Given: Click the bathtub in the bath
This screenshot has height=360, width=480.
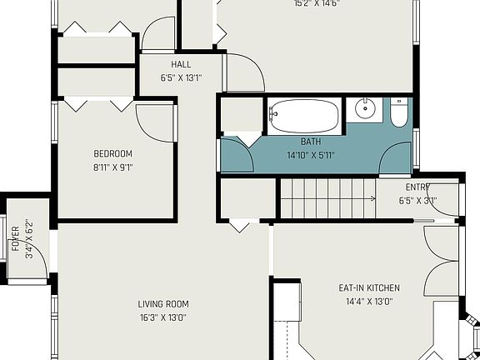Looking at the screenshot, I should pos(304,116).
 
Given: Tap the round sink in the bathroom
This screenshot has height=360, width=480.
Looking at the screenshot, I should pos(365,109).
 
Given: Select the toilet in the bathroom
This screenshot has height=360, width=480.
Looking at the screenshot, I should pos(400,112).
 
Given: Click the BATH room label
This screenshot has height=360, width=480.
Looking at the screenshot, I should pos(310,142).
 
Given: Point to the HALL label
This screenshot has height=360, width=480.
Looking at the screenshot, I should pos(181,65).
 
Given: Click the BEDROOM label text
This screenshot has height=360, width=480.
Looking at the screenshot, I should pos(112,154).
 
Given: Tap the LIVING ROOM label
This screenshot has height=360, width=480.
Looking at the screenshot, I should pos(163,304).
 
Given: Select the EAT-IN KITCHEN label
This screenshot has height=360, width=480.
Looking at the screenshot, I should pos(366,288).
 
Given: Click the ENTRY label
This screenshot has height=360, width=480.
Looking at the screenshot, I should pos(417,187).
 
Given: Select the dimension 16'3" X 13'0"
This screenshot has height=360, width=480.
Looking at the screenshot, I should pos(163,317).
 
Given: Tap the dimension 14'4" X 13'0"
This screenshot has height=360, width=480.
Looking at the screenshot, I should pos(366,301).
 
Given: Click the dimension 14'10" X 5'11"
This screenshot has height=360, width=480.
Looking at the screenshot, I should pos(310,155).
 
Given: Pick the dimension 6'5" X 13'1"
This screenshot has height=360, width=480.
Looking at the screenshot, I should pos(181,78).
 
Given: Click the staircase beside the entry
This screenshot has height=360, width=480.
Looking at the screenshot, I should pos(327,200).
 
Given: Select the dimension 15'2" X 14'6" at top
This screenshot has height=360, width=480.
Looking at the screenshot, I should pos(316,4).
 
